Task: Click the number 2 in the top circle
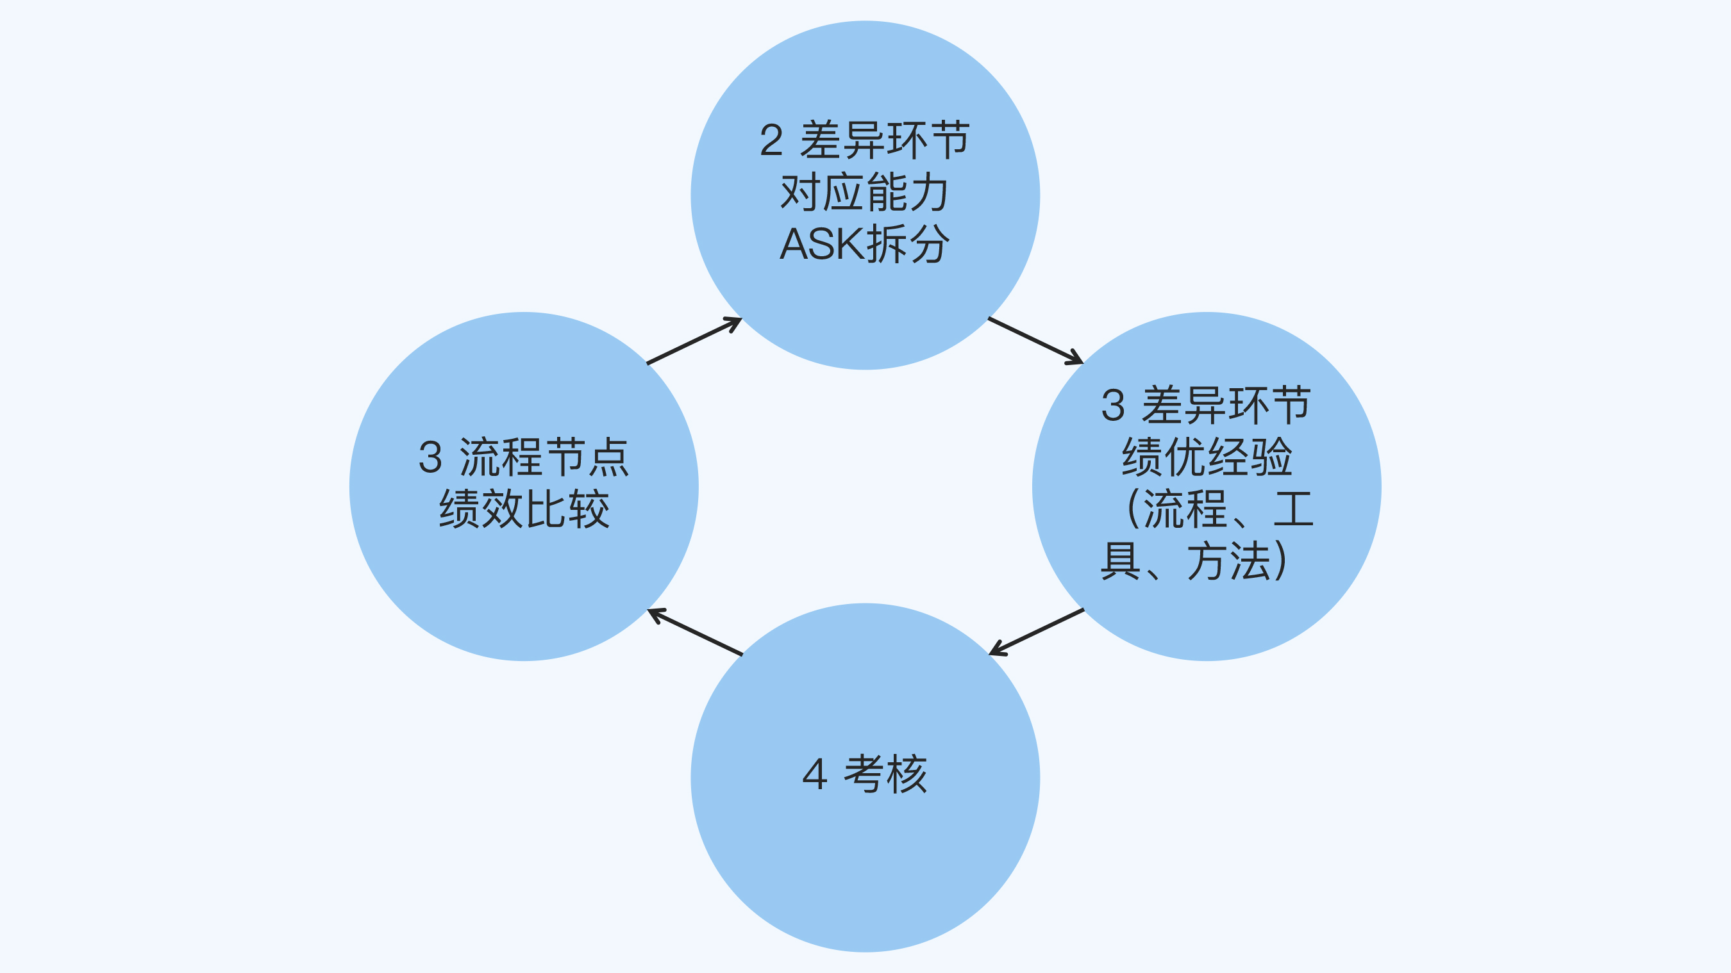tap(771, 140)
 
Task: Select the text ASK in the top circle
tap(821, 244)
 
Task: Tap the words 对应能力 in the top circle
tap(864, 192)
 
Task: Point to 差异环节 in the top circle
tap(885, 140)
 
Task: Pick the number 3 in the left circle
tap(430, 458)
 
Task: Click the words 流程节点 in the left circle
tap(544, 458)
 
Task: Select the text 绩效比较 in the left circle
tap(524, 509)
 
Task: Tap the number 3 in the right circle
tap(1113, 405)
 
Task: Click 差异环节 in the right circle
tap(1226, 405)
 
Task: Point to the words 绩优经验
tap(1207, 457)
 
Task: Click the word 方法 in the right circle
tap(1230, 561)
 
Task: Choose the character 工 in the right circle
tap(1294, 509)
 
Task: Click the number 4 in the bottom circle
tap(814, 774)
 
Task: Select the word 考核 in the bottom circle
tap(885, 774)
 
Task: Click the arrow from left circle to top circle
tap(694, 341)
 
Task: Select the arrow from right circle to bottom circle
tap(1036, 632)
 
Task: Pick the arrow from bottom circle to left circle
tap(695, 632)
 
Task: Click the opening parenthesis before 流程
tap(1133, 509)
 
